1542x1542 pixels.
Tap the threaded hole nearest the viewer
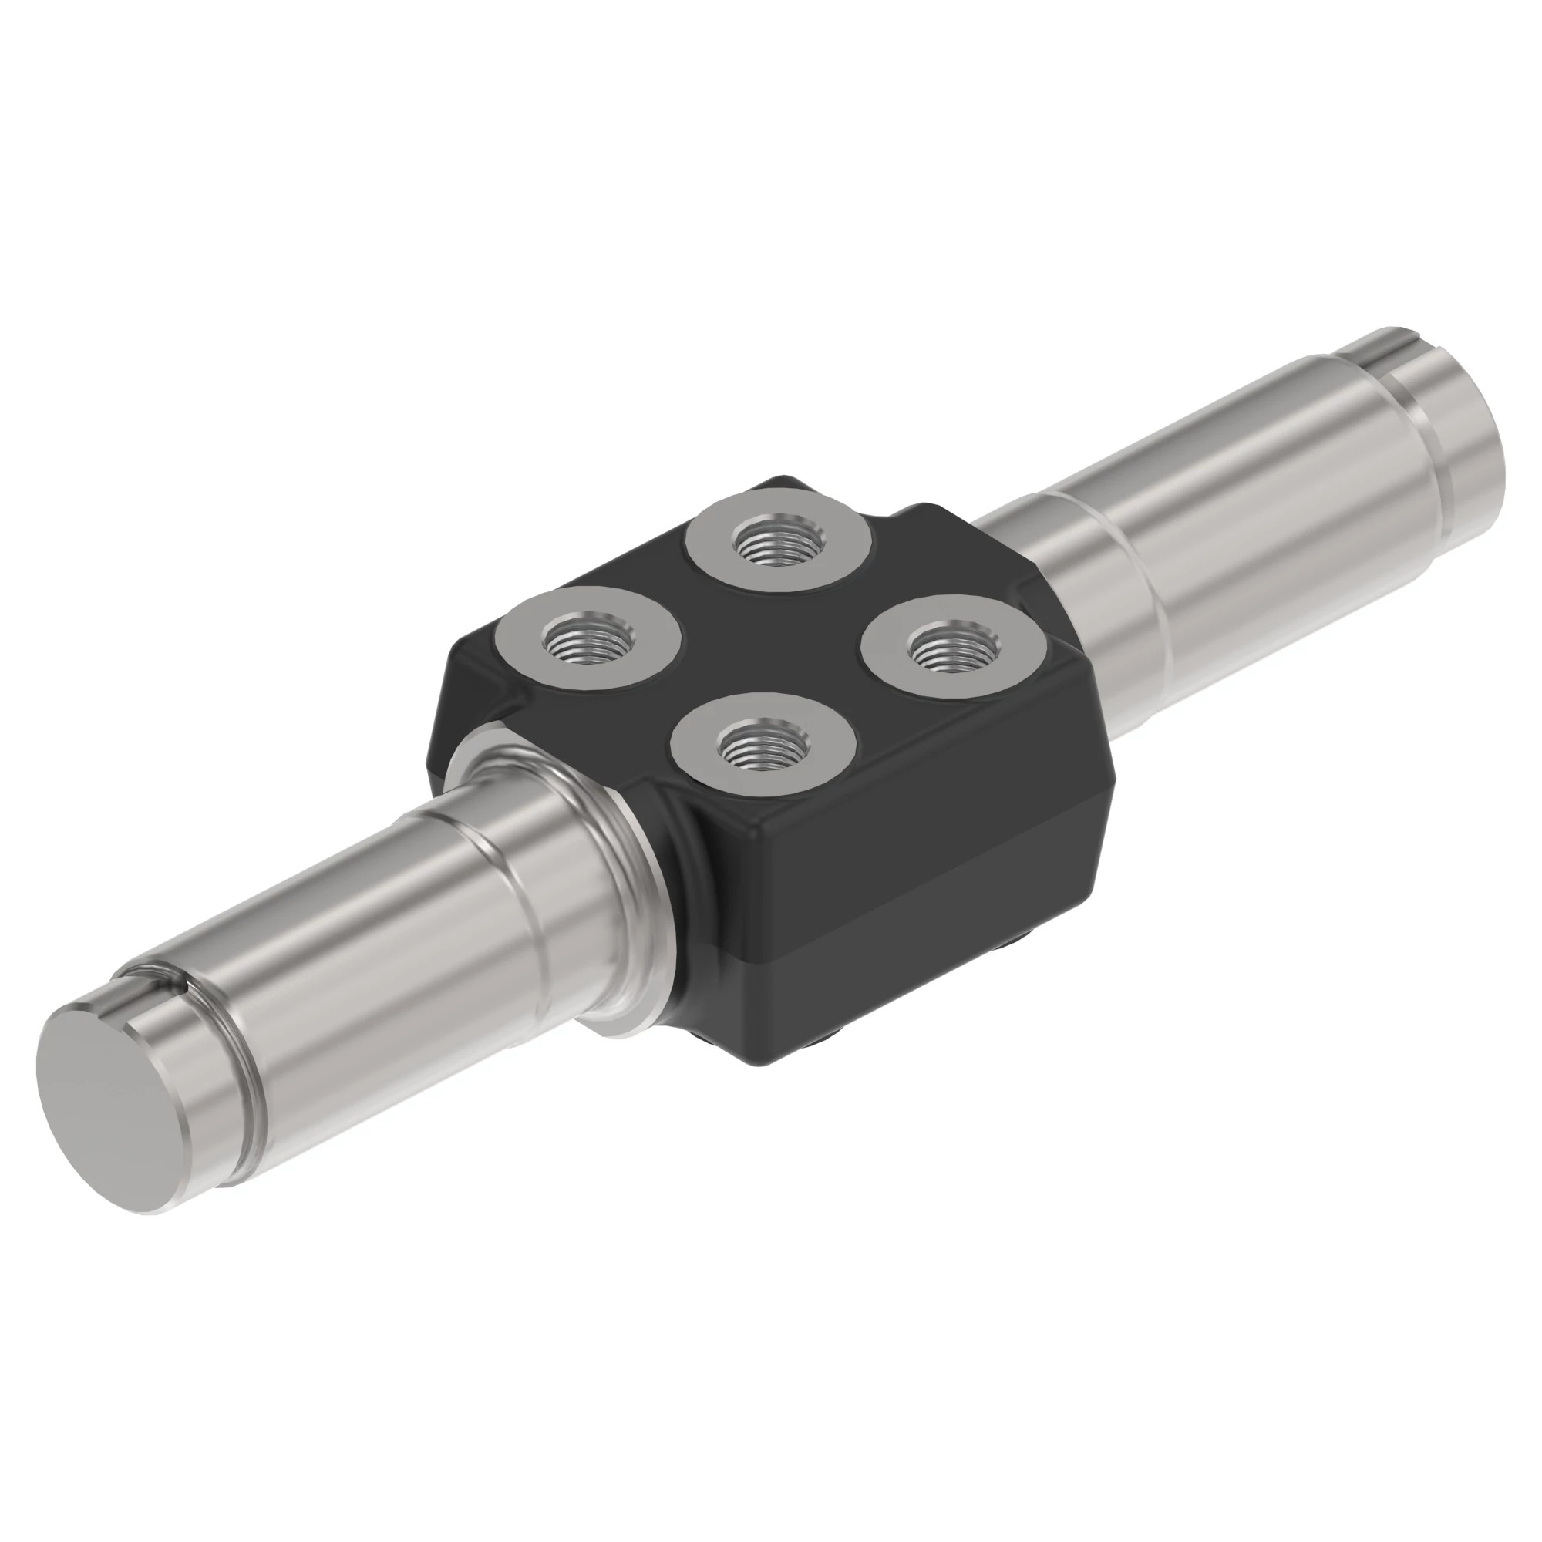764,746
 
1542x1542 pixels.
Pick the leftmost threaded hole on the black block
588,638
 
